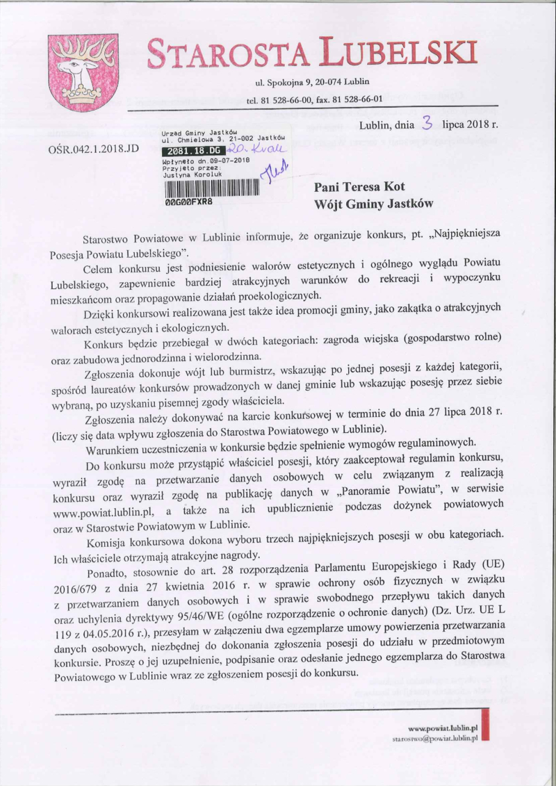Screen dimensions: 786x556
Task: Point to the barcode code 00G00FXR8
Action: point(188,199)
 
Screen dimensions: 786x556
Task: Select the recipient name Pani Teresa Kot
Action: point(359,187)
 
